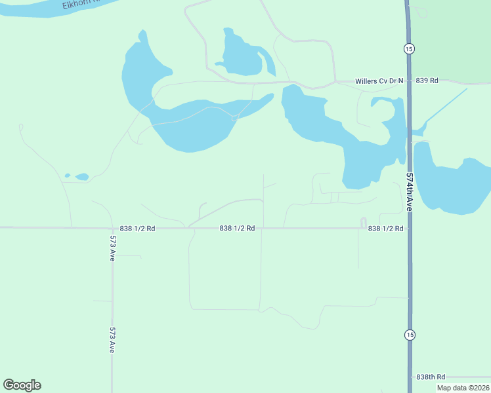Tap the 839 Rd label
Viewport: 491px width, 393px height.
427,81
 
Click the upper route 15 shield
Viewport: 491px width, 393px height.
409,48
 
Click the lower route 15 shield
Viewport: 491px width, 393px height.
410,335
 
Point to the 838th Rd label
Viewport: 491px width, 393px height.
431,377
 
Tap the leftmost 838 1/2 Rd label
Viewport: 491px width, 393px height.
137,229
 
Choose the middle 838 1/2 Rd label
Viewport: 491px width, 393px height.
237,229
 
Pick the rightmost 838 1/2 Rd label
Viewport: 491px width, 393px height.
385,229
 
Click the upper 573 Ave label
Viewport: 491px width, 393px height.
113,249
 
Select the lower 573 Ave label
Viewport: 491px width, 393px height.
113,341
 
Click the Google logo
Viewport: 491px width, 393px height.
22,385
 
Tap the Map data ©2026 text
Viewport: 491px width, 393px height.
462,388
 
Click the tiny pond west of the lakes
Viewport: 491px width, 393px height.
81,176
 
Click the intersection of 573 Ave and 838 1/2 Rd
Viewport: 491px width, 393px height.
112,228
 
